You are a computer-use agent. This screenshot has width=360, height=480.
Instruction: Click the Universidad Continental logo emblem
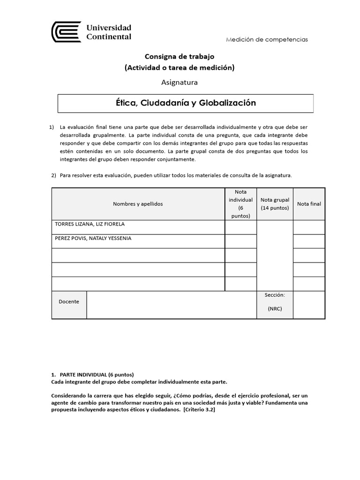66,32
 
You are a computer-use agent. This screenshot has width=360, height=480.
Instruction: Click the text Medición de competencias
267,39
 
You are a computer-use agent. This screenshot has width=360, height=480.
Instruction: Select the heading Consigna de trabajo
180,56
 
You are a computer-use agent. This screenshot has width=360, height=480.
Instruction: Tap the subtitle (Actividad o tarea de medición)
180,67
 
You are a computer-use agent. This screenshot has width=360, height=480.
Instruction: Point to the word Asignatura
180,82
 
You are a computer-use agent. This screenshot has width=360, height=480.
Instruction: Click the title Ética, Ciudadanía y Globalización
186,103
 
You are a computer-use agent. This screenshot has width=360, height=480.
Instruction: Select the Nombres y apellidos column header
138,204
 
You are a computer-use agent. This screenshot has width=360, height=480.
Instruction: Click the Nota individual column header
240,204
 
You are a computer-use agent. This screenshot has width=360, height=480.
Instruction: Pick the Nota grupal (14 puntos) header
275,204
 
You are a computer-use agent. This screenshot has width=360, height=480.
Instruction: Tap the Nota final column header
309,204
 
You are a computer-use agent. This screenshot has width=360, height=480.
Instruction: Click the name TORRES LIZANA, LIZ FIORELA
90,225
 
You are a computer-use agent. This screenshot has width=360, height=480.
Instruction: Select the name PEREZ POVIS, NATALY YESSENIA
93,239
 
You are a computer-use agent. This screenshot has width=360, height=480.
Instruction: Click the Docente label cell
69,302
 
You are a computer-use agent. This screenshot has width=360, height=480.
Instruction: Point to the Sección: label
275,295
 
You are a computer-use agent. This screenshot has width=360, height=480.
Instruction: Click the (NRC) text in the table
275,309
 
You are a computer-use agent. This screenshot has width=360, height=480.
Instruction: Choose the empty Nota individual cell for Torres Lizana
240,227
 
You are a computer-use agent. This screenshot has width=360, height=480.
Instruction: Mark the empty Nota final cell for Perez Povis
309,241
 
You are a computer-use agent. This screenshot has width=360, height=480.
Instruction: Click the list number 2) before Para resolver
53,175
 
